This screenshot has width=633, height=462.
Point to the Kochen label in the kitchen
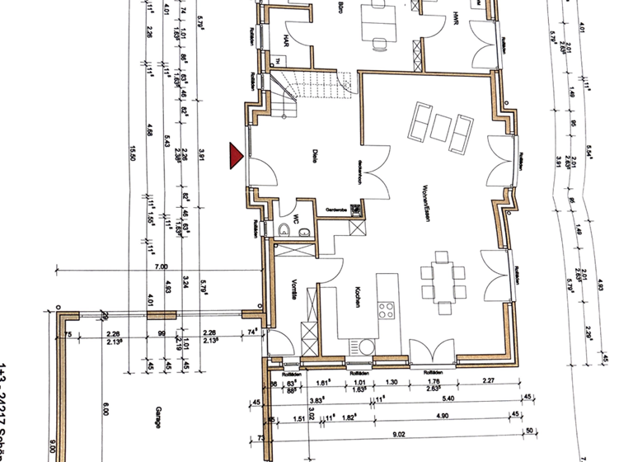pos(359,297)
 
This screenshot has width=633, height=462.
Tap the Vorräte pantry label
pos(293,291)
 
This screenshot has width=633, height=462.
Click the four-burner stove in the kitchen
pos(386,310)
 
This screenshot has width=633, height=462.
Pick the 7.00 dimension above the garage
pos(161,266)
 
